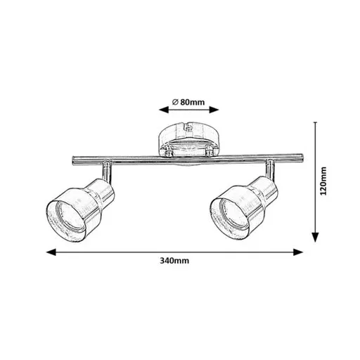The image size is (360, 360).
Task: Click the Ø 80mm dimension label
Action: [x=188, y=102]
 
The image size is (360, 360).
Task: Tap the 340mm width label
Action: [x=174, y=261]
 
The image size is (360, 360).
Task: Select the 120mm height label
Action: [x=323, y=181]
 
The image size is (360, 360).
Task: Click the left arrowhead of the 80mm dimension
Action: [x=164, y=110]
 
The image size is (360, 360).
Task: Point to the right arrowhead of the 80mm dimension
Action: [x=214, y=110]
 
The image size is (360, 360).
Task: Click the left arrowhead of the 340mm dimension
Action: [x=51, y=252]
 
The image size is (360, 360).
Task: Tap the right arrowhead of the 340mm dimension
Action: [x=298, y=252]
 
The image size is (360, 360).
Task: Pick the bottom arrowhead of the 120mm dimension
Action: [x=316, y=237]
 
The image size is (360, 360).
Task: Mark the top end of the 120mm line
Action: [x=316, y=122]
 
